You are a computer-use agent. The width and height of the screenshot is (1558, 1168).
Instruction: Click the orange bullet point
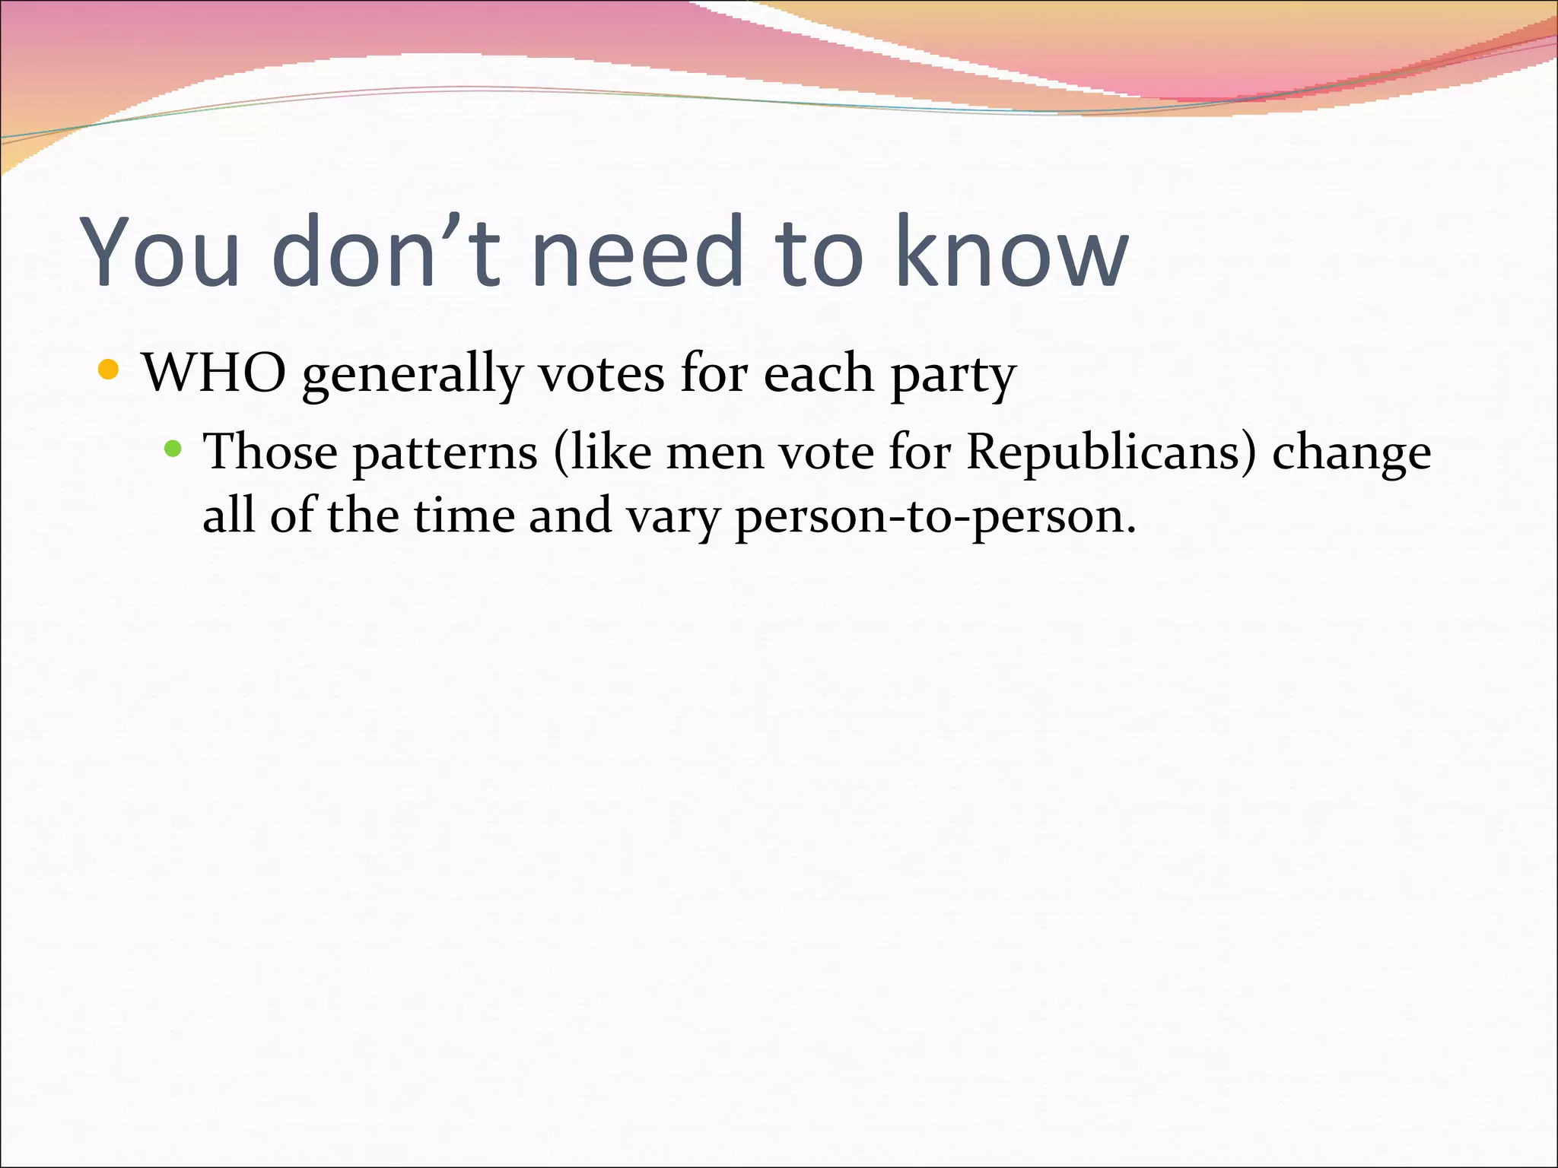109,370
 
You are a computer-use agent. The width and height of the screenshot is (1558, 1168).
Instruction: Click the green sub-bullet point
173,449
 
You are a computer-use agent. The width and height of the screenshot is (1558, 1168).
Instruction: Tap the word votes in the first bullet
601,374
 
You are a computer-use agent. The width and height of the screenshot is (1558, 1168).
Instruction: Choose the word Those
270,452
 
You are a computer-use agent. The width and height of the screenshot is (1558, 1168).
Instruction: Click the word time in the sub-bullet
463,516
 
